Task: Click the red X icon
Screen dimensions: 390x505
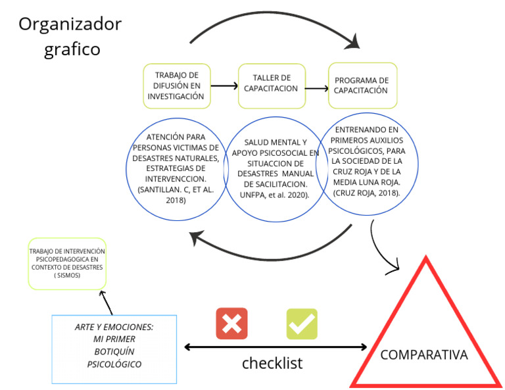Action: (232, 323)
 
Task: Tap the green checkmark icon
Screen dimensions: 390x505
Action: (302, 323)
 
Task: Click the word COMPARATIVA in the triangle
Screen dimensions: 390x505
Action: (424, 355)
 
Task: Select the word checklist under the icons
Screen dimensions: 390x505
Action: (272, 362)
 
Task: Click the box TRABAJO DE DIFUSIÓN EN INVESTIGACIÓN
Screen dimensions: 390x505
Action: (175, 86)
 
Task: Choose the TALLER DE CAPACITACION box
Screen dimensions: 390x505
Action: (272, 86)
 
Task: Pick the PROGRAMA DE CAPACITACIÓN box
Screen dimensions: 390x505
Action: (362, 86)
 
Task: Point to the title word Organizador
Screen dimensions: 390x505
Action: (70, 24)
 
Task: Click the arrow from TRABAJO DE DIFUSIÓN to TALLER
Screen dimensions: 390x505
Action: (224, 86)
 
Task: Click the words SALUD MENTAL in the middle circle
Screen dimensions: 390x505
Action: (266, 141)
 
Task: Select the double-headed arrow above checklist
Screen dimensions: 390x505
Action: (276, 347)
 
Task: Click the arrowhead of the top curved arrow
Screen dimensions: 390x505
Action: (356, 44)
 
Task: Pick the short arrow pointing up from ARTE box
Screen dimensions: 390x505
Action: (105, 302)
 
